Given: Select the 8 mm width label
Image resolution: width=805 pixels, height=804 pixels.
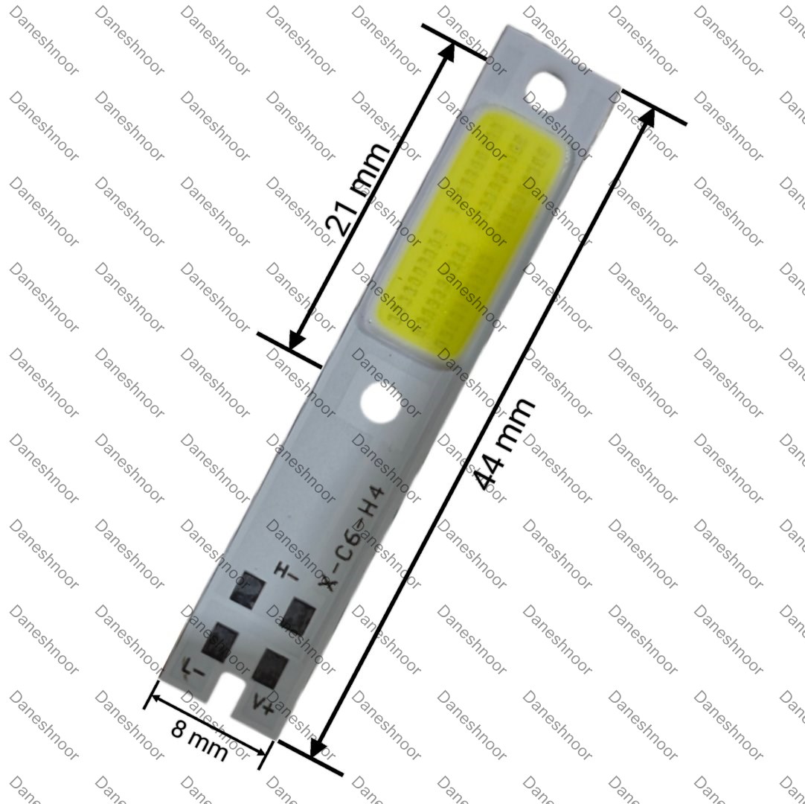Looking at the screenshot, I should [199, 739].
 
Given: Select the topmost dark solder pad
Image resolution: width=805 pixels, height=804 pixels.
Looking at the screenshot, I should [247, 590].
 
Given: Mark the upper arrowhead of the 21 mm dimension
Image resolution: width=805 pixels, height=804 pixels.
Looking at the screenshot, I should [450, 52].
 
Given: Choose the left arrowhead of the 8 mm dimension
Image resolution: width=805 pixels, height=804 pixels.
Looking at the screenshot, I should [153, 698].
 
